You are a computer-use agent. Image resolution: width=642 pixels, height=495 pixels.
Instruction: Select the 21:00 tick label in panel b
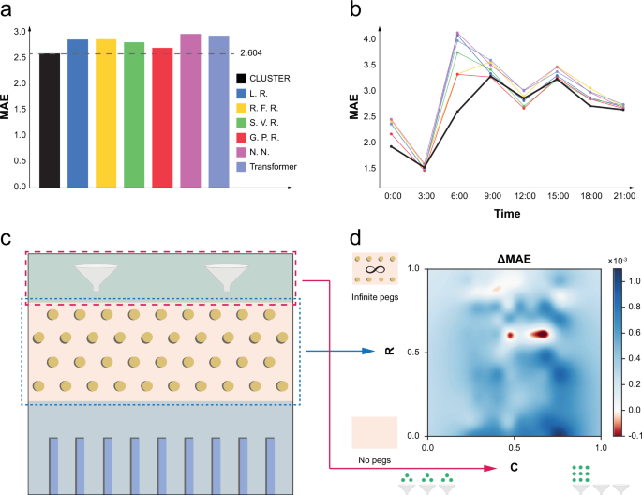click(x=623, y=198)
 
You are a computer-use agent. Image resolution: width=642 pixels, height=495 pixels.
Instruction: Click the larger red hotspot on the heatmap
click(x=543, y=333)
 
